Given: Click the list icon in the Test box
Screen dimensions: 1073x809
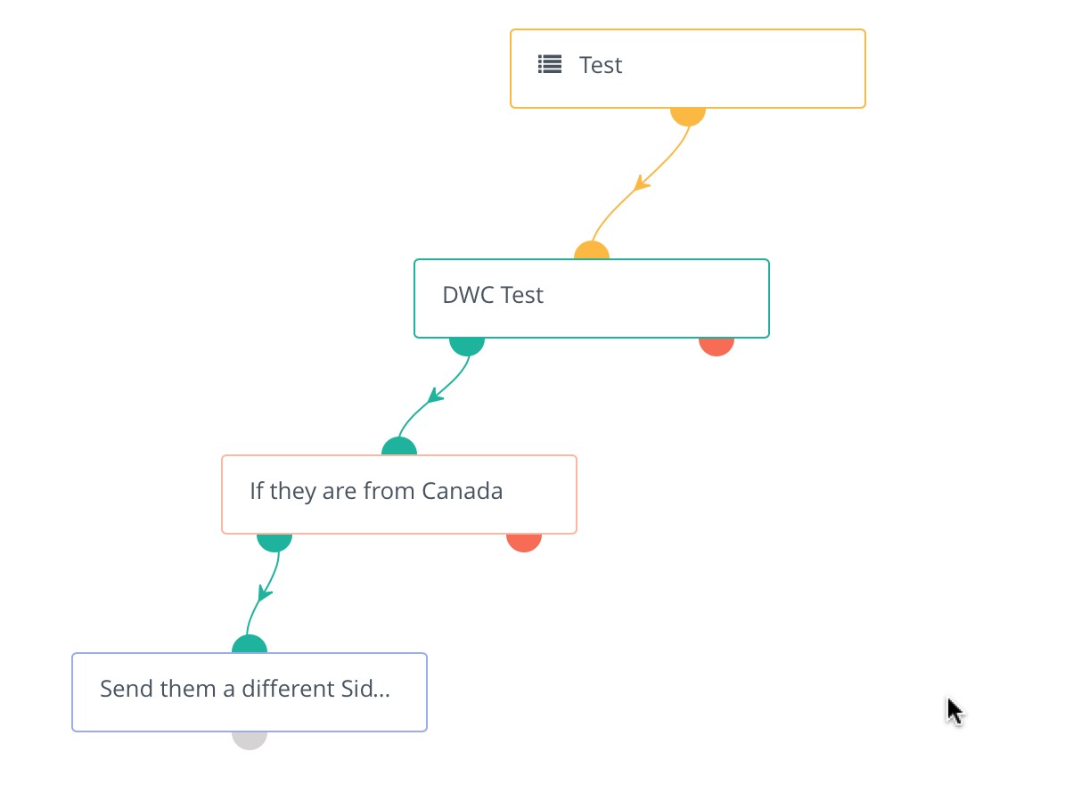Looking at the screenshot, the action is pyautogui.click(x=550, y=64).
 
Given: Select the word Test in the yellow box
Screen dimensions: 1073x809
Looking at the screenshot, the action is pyautogui.click(x=601, y=65).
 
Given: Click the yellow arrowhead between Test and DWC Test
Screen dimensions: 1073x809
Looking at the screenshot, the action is pyautogui.click(x=641, y=183).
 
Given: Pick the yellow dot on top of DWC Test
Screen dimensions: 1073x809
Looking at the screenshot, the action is pyautogui.click(x=592, y=250).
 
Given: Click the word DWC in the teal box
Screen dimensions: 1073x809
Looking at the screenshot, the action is pyautogui.click(x=468, y=295).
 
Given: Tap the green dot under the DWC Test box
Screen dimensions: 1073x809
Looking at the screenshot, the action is pyautogui.click(x=467, y=347).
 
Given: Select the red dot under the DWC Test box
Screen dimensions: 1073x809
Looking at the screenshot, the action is pyautogui.click(x=717, y=347).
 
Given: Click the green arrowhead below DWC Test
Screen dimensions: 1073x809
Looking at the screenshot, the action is pyautogui.click(x=435, y=396).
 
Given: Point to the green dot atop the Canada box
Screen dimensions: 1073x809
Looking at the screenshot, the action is pyautogui.click(x=399, y=446).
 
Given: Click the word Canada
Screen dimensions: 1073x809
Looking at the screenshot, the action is pyautogui.click(x=462, y=491).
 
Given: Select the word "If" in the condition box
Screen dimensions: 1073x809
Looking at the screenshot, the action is pyautogui.click(x=257, y=490).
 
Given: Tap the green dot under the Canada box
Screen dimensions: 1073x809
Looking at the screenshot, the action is pyautogui.click(x=274, y=543).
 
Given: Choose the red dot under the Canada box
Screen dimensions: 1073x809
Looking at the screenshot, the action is pyautogui.click(x=523, y=543).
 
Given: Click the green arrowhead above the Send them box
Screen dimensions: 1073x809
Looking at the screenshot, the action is pyautogui.click(x=265, y=592).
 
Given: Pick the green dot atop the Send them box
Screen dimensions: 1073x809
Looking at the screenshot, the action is pyautogui.click(x=250, y=644).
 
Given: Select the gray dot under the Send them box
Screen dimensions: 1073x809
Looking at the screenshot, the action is pyautogui.click(x=250, y=740).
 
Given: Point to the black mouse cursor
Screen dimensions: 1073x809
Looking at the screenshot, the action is pyautogui.click(x=954, y=711).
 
